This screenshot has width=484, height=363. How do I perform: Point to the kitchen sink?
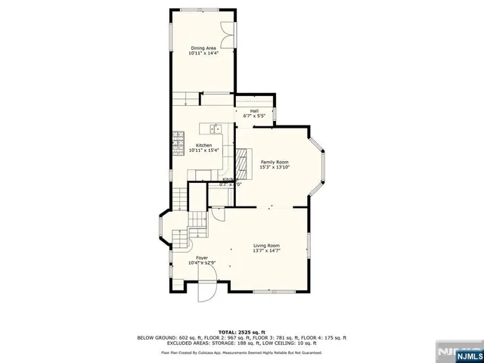coord(216,129)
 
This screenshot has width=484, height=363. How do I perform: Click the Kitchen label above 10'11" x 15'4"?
coord(204,145)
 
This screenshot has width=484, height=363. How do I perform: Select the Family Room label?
coord(275,162)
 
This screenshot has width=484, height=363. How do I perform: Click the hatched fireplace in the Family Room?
coord(243,160)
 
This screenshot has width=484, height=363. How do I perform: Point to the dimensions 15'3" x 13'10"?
coord(275,167)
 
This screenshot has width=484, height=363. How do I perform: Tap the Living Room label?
coord(266,246)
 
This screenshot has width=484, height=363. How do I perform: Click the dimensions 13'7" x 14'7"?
coord(266,251)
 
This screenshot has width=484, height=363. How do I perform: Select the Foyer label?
coord(202,258)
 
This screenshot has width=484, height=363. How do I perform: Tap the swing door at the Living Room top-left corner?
coord(218,213)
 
